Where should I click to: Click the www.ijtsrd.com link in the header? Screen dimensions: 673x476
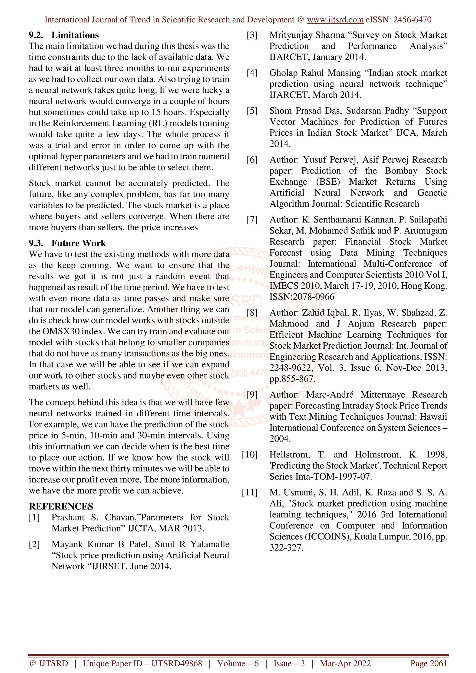335,20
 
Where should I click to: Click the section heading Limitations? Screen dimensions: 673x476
75,35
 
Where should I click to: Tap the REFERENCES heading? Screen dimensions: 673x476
61,506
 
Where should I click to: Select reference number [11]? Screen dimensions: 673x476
250,492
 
